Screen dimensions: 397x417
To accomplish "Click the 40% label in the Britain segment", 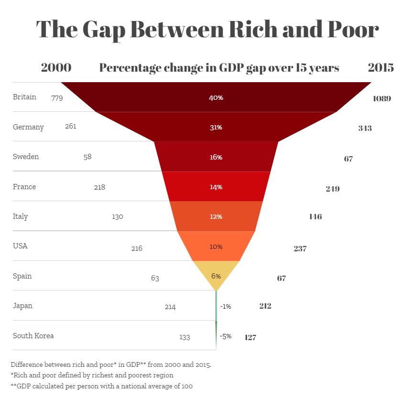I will click(216, 97).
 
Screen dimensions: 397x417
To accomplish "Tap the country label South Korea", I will click(33, 335).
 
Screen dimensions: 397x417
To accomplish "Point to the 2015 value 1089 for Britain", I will click(382, 99).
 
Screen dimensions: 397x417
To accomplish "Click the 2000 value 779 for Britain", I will click(57, 98).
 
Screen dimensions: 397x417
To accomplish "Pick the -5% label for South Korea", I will click(226, 336).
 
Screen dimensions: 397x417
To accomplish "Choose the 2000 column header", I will click(56, 67).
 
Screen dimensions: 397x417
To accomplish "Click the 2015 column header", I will click(381, 67).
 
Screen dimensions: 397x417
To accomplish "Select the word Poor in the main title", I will click(351, 30).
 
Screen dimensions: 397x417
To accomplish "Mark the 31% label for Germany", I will click(216, 128).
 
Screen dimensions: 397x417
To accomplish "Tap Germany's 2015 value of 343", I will click(365, 128).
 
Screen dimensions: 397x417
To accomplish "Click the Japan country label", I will click(22, 306).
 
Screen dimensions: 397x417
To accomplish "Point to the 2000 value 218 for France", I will click(99, 187).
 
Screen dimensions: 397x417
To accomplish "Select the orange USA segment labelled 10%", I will click(216, 247).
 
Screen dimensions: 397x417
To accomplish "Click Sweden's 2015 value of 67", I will click(348, 159).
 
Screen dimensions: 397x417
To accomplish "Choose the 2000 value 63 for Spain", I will click(155, 278).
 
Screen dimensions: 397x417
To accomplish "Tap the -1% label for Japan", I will click(226, 307).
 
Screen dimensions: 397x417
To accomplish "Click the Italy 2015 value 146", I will click(316, 217).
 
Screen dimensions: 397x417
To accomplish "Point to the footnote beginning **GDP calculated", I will click(101, 386).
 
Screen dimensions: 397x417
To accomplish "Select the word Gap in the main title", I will click(103, 30).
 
